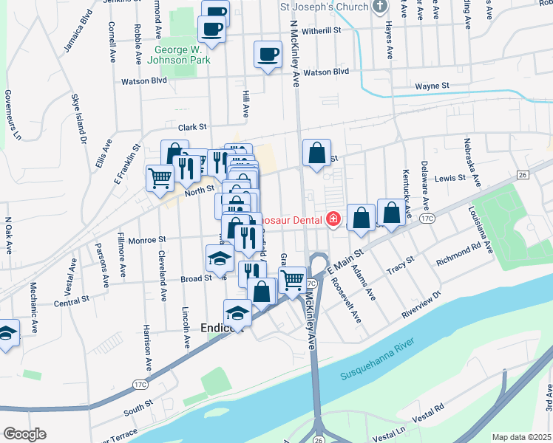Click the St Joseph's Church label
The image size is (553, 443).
pyautogui.click(x=322, y=7)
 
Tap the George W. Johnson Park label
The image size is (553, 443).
pyautogui.click(x=182, y=55)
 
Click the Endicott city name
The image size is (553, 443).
pyautogui.click(x=222, y=329)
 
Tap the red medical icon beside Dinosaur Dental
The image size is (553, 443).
pyautogui.click(x=333, y=219)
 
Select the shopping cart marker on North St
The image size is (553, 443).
pyautogui.click(x=160, y=178)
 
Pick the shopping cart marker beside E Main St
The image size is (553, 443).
pyautogui.click(x=292, y=280)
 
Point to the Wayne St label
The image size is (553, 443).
pyautogui.click(x=432, y=86)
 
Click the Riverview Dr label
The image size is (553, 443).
pyautogui.click(x=421, y=304)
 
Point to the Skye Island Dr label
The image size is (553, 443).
pyautogui.click(x=78, y=118)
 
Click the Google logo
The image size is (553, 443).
pyautogui.click(x=24, y=433)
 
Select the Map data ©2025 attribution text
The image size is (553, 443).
pyautogui.click(x=521, y=437)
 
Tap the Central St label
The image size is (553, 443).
pyautogui.click(x=72, y=301)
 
